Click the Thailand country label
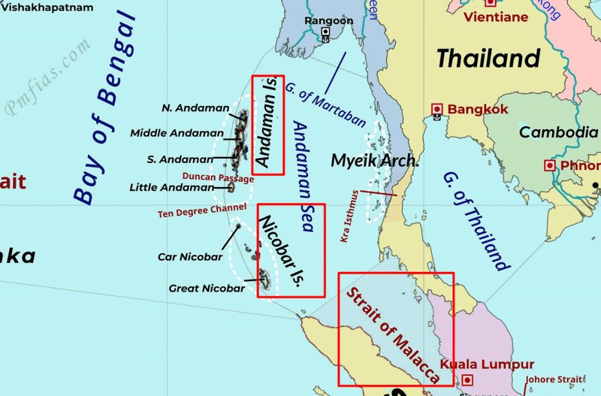tap(488, 58)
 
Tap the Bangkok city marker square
tap(437, 110)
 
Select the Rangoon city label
tap(328, 20)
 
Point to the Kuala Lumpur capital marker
tap(468, 380)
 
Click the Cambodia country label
tap(558, 132)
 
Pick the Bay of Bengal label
tap(108, 109)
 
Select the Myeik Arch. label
tap(374, 161)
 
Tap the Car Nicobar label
tap(190, 257)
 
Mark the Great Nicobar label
tap(207, 288)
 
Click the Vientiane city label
tap(496, 17)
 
